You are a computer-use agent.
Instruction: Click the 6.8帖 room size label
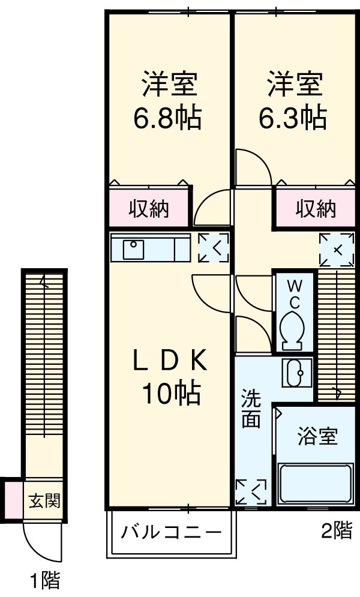point(167,118)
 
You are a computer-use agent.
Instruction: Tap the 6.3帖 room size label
point(293,118)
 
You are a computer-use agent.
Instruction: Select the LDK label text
point(170,362)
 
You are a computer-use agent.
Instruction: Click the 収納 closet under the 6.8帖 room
point(150,209)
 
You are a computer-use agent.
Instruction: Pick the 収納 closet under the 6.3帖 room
point(316,209)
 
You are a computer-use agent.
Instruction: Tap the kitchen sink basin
point(133,248)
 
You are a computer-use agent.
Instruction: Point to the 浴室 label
point(317,436)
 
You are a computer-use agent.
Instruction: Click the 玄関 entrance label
point(44,499)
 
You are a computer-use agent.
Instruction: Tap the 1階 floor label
point(45,580)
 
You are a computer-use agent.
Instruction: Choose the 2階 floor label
point(336,530)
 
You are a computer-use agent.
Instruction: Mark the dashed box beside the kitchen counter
point(214,248)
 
